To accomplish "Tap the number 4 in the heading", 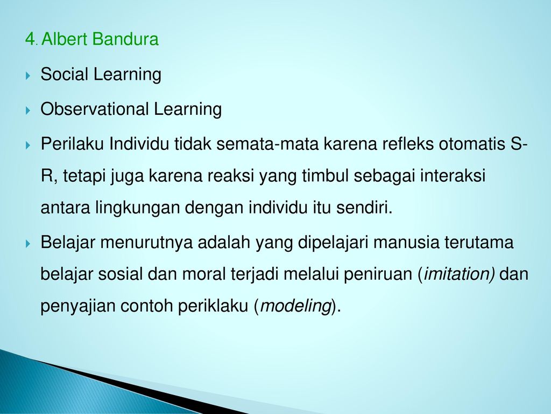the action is click(30, 39).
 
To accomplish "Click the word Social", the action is click(64, 74).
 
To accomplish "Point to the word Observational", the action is click(94, 109).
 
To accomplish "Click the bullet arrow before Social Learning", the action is click(28, 75).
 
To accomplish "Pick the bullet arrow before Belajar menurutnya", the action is click(28, 244).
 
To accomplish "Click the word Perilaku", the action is click(72, 144).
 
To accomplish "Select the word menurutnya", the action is click(146, 243).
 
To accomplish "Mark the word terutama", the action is click(479, 243).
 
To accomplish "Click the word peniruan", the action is click(378, 274).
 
